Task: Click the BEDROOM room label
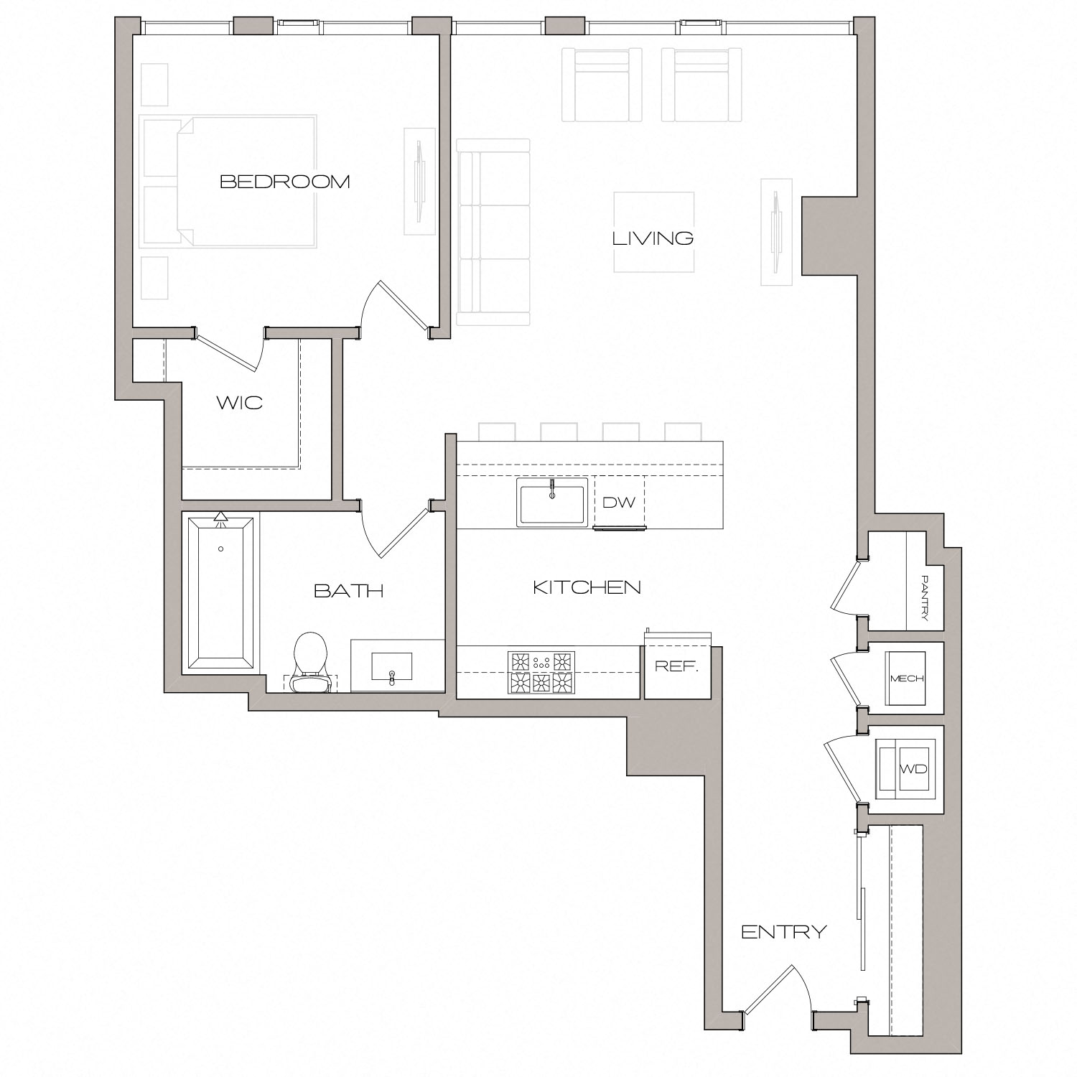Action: (284, 182)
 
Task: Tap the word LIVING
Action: (653, 238)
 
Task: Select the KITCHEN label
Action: (587, 587)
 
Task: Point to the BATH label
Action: (349, 591)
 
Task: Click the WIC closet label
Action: (240, 402)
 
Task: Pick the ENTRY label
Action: (783, 932)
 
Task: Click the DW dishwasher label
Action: (619, 503)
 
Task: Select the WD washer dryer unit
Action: (909, 769)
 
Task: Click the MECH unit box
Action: (906, 679)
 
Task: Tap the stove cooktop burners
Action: (541, 672)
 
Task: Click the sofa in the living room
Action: (493, 232)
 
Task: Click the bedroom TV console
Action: (419, 181)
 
